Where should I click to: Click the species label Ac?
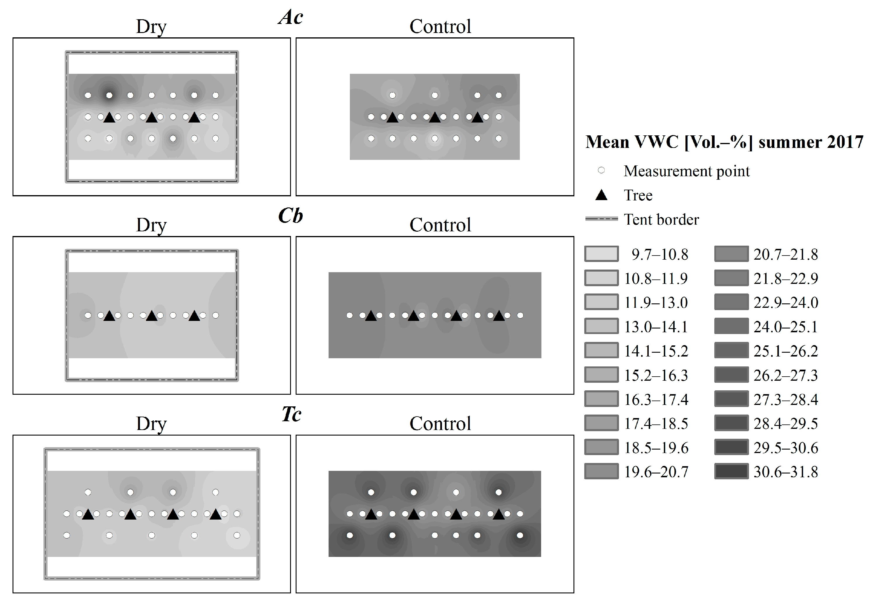pyautogui.click(x=290, y=18)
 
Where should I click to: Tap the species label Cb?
pyautogui.click(x=290, y=216)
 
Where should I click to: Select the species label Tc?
pyautogui.click(x=291, y=415)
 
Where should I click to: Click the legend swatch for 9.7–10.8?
pyautogui.click(x=601, y=254)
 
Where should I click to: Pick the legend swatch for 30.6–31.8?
pyautogui.click(x=731, y=471)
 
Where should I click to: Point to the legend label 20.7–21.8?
pyautogui.click(x=786, y=255)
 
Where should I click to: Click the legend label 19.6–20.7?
pyautogui.click(x=656, y=472)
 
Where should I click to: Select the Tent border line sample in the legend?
pyautogui.click(x=601, y=219)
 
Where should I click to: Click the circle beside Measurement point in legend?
pyautogui.click(x=601, y=170)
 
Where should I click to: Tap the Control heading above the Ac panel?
pyautogui.click(x=440, y=27)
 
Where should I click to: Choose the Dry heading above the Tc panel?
pyautogui.click(x=151, y=424)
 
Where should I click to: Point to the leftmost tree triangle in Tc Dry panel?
pyautogui.click(x=88, y=514)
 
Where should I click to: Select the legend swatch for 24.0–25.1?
pyautogui.click(x=731, y=326)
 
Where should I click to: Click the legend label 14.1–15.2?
pyautogui.click(x=656, y=351)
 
